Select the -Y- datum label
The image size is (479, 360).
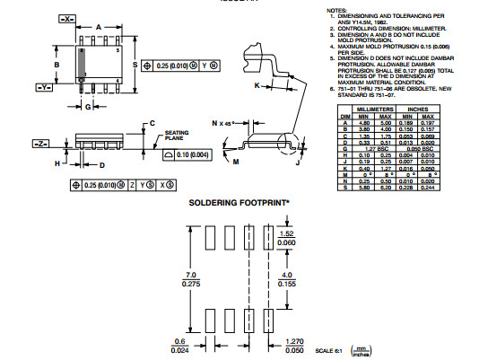coord(43,87)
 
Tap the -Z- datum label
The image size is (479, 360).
coord(40,144)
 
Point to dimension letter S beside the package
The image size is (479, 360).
coord(135,66)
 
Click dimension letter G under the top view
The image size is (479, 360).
coord(87,107)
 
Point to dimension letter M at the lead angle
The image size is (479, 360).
coord(236,162)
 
